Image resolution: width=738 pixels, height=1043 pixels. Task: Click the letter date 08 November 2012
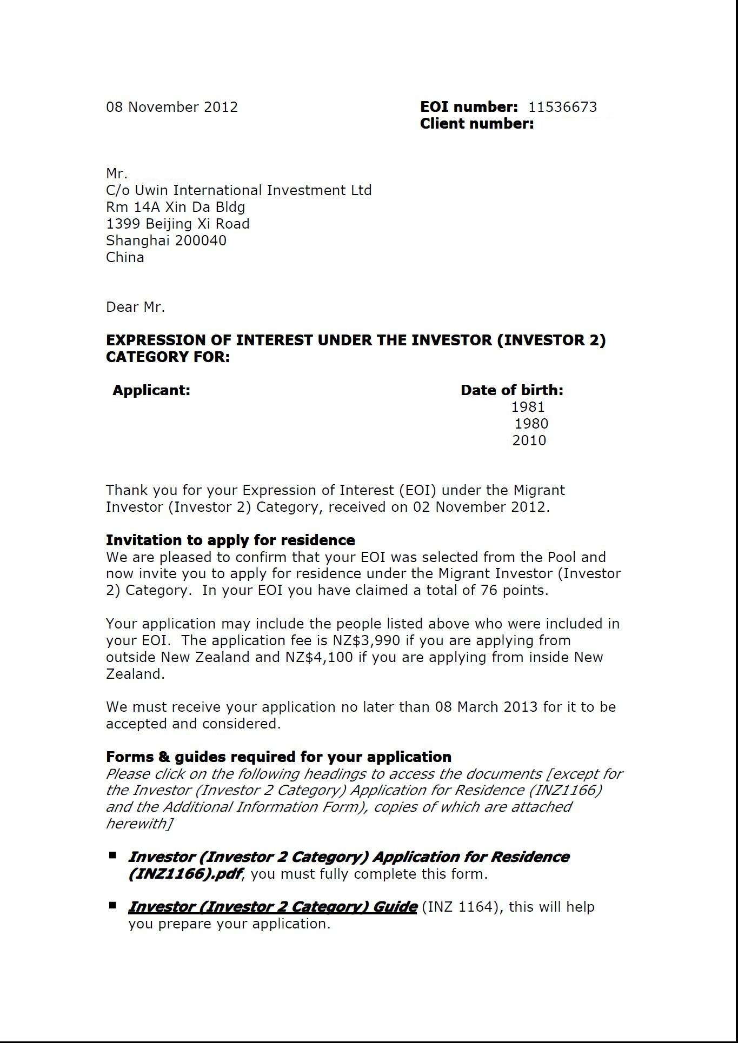pos(172,107)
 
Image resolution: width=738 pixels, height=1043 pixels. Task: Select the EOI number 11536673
pos(563,107)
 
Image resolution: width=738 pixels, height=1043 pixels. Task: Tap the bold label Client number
pos(476,124)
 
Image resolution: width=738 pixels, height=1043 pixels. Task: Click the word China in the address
pos(125,257)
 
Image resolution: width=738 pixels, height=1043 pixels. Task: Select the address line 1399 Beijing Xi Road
pos(178,224)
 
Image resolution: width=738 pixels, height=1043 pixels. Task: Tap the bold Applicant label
pos(151,390)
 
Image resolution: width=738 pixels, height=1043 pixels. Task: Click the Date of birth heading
pos(511,390)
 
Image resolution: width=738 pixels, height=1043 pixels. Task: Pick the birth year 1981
pos(528,407)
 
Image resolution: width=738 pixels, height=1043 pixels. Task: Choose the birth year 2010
pos(529,440)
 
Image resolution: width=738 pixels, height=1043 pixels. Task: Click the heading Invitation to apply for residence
pos(230,540)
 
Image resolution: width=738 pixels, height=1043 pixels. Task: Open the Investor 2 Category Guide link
pos(272,907)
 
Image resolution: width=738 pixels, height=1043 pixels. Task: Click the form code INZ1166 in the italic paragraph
pos(568,790)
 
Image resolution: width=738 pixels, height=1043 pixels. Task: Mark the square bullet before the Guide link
pos(112,905)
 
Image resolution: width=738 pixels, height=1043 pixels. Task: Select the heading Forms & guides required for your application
pos(278,757)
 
